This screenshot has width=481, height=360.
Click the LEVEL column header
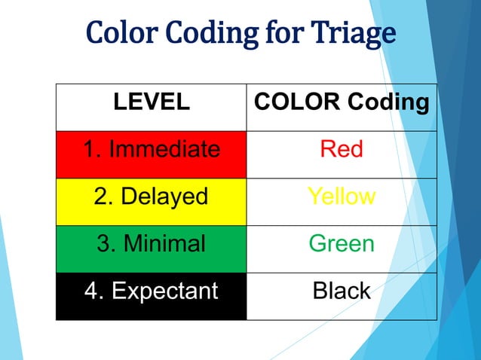[x=151, y=103]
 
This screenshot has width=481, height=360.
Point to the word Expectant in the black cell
[x=164, y=291]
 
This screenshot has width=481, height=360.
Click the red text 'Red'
[x=342, y=149]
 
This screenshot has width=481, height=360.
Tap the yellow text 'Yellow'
[x=342, y=197]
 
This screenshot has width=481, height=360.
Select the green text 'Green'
[x=342, y=243]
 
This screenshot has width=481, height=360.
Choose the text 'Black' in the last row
[x=342, y=291]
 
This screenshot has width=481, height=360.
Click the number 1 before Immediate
[x=89, y=149]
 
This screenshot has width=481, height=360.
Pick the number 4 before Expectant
[x=90, y=291]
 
